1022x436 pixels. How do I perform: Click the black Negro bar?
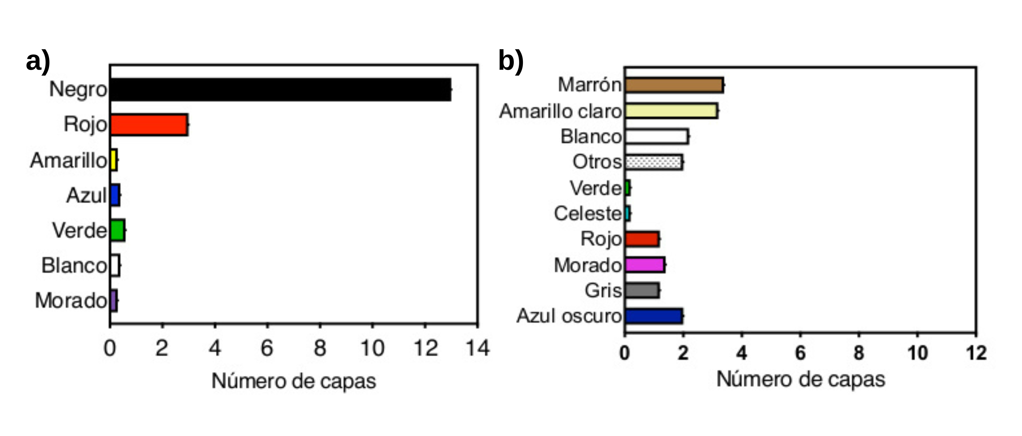point(280,90)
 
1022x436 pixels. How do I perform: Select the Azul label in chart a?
point(87,195)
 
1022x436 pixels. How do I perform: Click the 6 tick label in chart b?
point(800,353)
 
